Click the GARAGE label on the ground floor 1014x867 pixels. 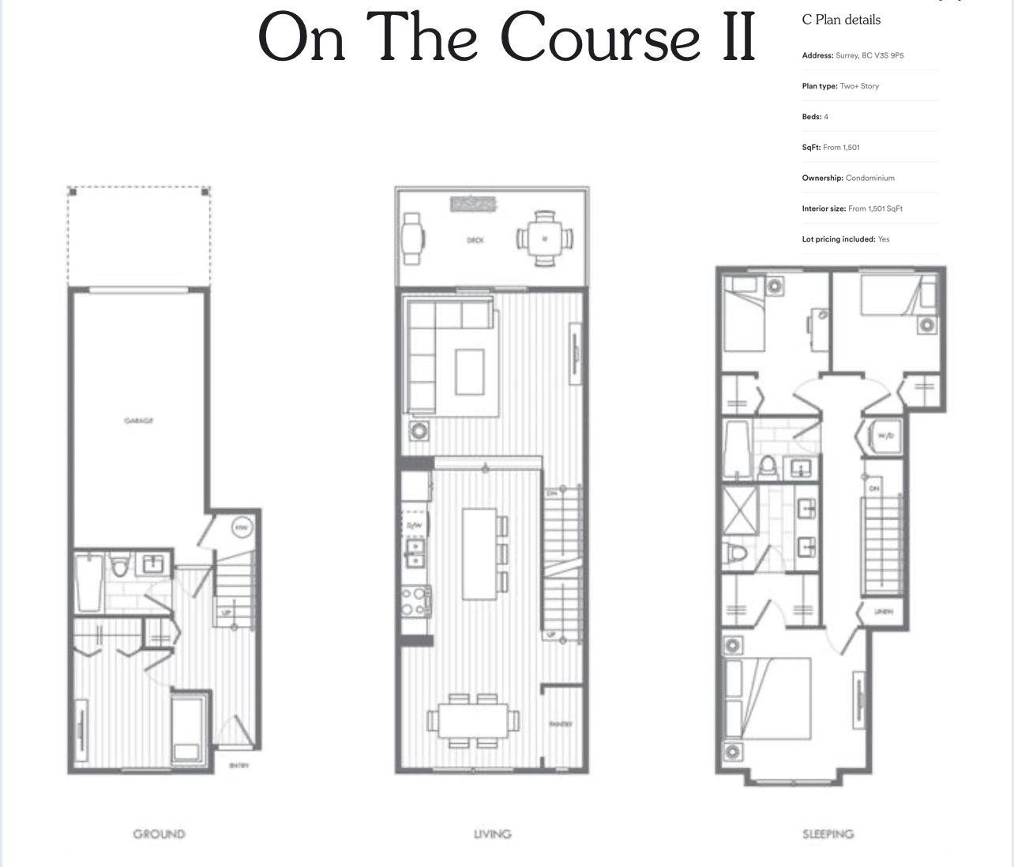click(139, 420)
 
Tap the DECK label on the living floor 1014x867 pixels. click(475, 240)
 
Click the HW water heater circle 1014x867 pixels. click(242, 528)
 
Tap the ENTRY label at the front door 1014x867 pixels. click(238, 765)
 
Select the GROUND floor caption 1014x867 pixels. click(159, 834)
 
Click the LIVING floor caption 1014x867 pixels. click(492, 834)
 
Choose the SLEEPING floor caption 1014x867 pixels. click(828, 834)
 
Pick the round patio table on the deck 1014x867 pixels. click(545, 238)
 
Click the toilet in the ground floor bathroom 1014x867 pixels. click(120, 567)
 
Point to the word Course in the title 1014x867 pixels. click(599, 37)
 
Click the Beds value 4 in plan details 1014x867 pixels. click(826, 117)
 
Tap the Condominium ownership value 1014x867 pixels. click(870, 178)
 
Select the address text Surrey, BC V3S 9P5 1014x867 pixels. click(869, 56)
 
